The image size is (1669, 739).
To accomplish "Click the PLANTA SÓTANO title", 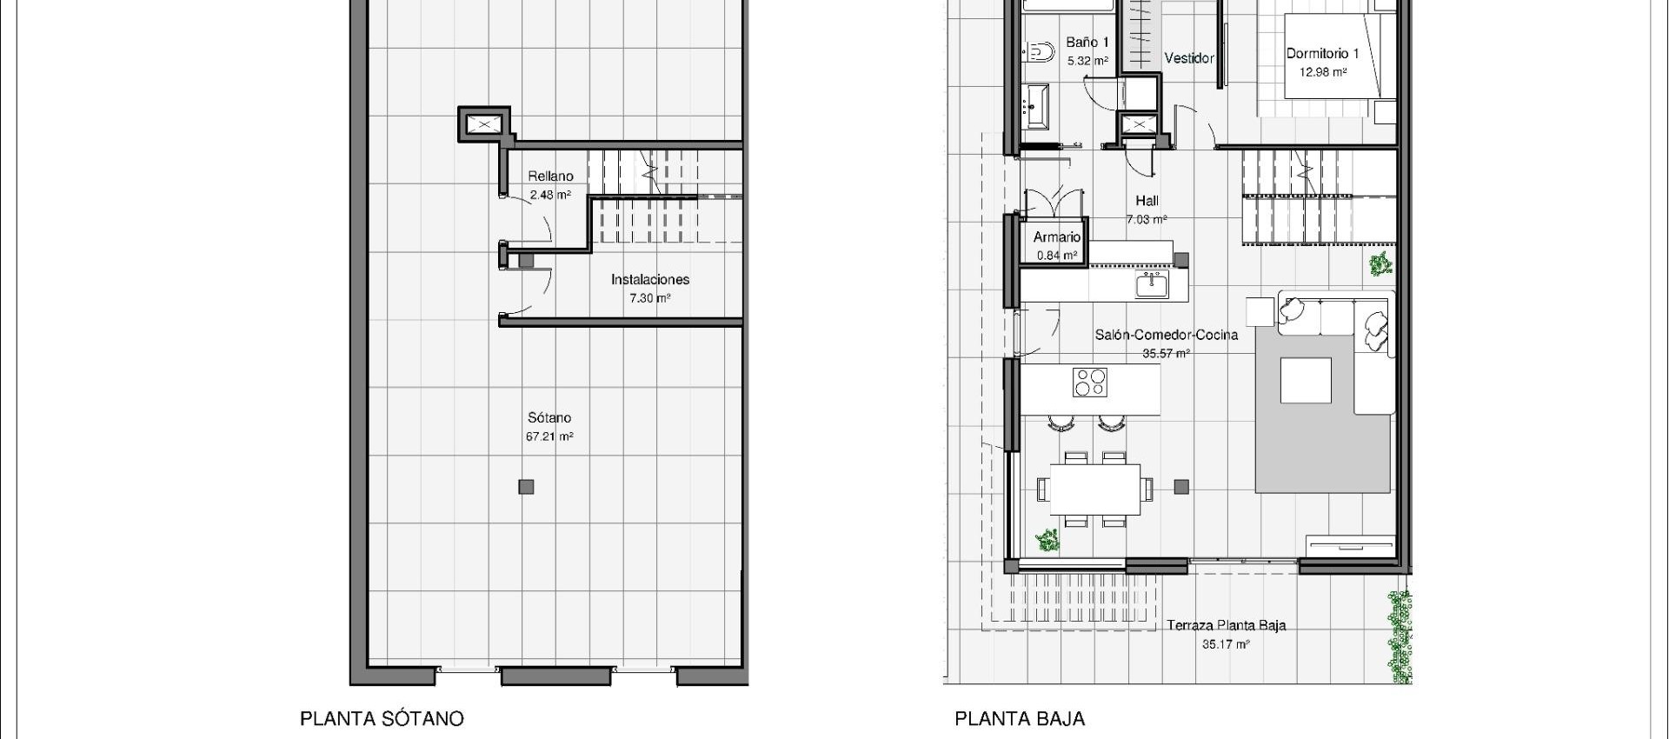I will point(382,719).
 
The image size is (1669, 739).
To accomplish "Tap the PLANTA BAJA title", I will point(1020,719).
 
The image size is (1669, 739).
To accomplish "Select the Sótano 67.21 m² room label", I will point(549,427).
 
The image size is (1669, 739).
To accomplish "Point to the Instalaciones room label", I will point(649,280).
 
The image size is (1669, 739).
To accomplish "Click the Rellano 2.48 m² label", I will point(550,185).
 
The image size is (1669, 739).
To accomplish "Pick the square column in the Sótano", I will point(526,487).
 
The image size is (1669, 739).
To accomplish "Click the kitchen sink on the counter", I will point(1151,284).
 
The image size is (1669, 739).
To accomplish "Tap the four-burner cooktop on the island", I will point(1090,383).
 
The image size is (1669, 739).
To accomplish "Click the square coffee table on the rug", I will point(1306,381).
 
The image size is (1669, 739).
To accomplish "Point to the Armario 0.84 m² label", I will point(1057,245).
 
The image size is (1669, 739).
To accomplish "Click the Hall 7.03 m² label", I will point(1147,210).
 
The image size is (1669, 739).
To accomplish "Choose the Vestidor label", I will point(1188,58).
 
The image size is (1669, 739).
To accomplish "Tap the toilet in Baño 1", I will point(1036,53).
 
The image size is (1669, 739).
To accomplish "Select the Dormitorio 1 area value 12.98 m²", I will point(1322,72).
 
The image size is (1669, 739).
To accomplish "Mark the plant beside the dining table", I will point(1048,541).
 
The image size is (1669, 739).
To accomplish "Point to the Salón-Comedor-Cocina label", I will point(1166,335).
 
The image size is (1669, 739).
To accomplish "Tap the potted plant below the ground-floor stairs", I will point(1380,264).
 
